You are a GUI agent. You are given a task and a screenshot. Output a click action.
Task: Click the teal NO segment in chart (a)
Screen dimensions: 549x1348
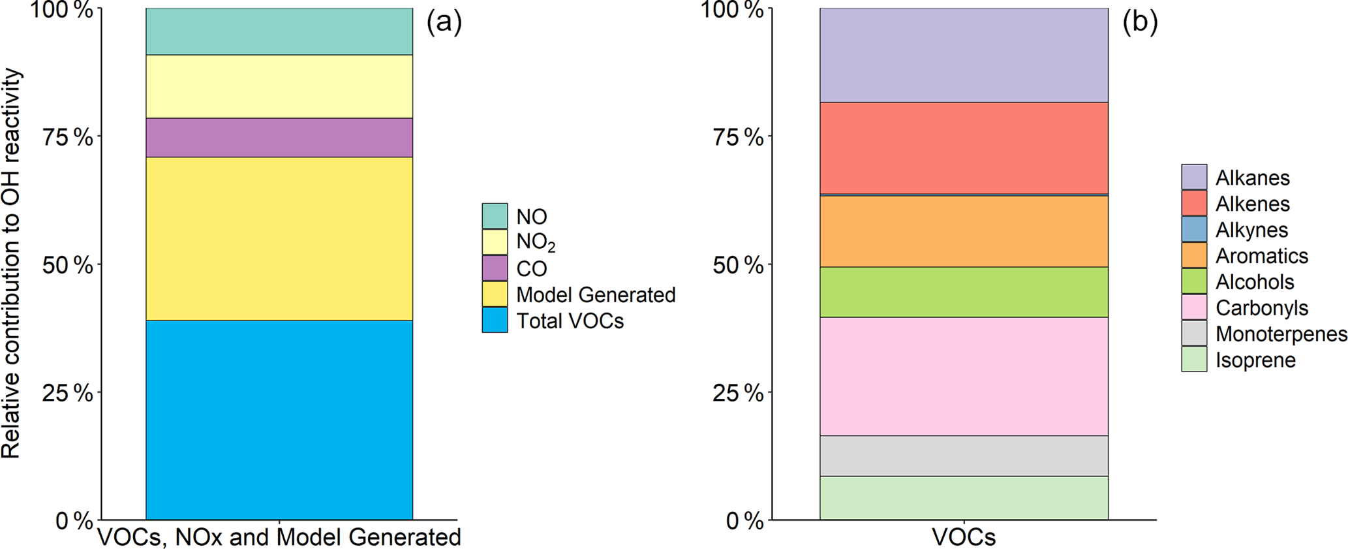point(279,31)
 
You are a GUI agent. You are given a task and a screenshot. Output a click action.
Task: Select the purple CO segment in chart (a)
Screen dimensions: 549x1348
point(279,137)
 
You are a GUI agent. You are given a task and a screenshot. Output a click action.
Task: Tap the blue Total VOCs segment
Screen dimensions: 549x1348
point(279,419)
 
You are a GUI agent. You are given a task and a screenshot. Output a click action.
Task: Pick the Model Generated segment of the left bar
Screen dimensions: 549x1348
point(279,238)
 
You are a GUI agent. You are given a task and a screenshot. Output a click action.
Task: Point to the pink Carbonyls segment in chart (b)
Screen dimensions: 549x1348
point(964,376)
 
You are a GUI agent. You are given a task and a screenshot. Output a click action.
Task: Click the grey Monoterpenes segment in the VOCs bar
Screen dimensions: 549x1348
point(964,456)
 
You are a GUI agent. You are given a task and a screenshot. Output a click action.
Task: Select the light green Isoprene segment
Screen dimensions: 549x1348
point(964,497)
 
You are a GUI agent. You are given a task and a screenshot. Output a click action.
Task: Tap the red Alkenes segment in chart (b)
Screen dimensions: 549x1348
point(964,148)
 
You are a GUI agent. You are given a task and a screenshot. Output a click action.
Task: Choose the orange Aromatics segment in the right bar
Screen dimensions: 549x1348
point(964,231)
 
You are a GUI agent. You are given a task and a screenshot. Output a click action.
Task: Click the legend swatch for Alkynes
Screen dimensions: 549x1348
point(1194,229)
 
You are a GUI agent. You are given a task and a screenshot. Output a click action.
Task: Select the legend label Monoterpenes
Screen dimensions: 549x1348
point(1281,334)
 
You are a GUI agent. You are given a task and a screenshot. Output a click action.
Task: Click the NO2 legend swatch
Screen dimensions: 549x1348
point(495,242)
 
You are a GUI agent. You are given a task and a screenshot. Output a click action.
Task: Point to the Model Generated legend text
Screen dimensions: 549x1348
point(596,295)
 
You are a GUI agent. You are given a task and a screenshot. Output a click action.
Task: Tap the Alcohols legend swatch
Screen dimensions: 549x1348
point(1194,281)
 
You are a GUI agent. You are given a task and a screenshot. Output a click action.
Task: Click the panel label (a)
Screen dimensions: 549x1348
point(444,22)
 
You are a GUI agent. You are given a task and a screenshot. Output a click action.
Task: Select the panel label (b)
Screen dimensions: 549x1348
point(1140,22)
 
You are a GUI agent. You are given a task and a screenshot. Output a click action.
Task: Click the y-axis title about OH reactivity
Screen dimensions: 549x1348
point(11,264)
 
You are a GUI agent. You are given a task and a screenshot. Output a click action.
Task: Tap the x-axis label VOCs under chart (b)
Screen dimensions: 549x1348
point(964,537)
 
